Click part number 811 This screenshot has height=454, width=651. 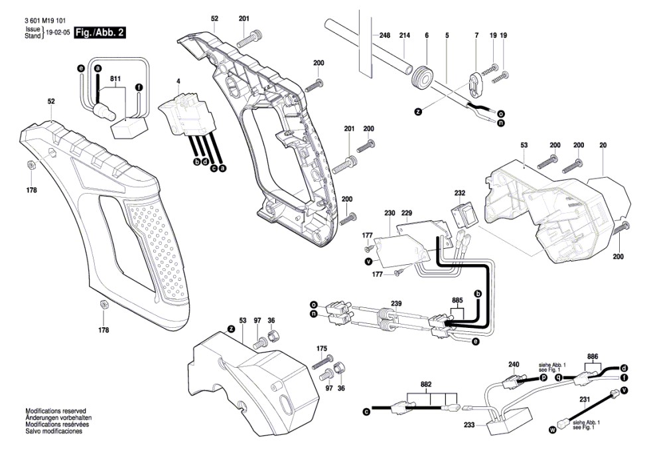pos(116,79)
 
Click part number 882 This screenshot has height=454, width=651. pos(425,384)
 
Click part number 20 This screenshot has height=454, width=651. pos(603,145)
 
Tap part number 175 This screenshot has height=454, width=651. pos(322,348)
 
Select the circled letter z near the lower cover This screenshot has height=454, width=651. pos(231,329)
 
